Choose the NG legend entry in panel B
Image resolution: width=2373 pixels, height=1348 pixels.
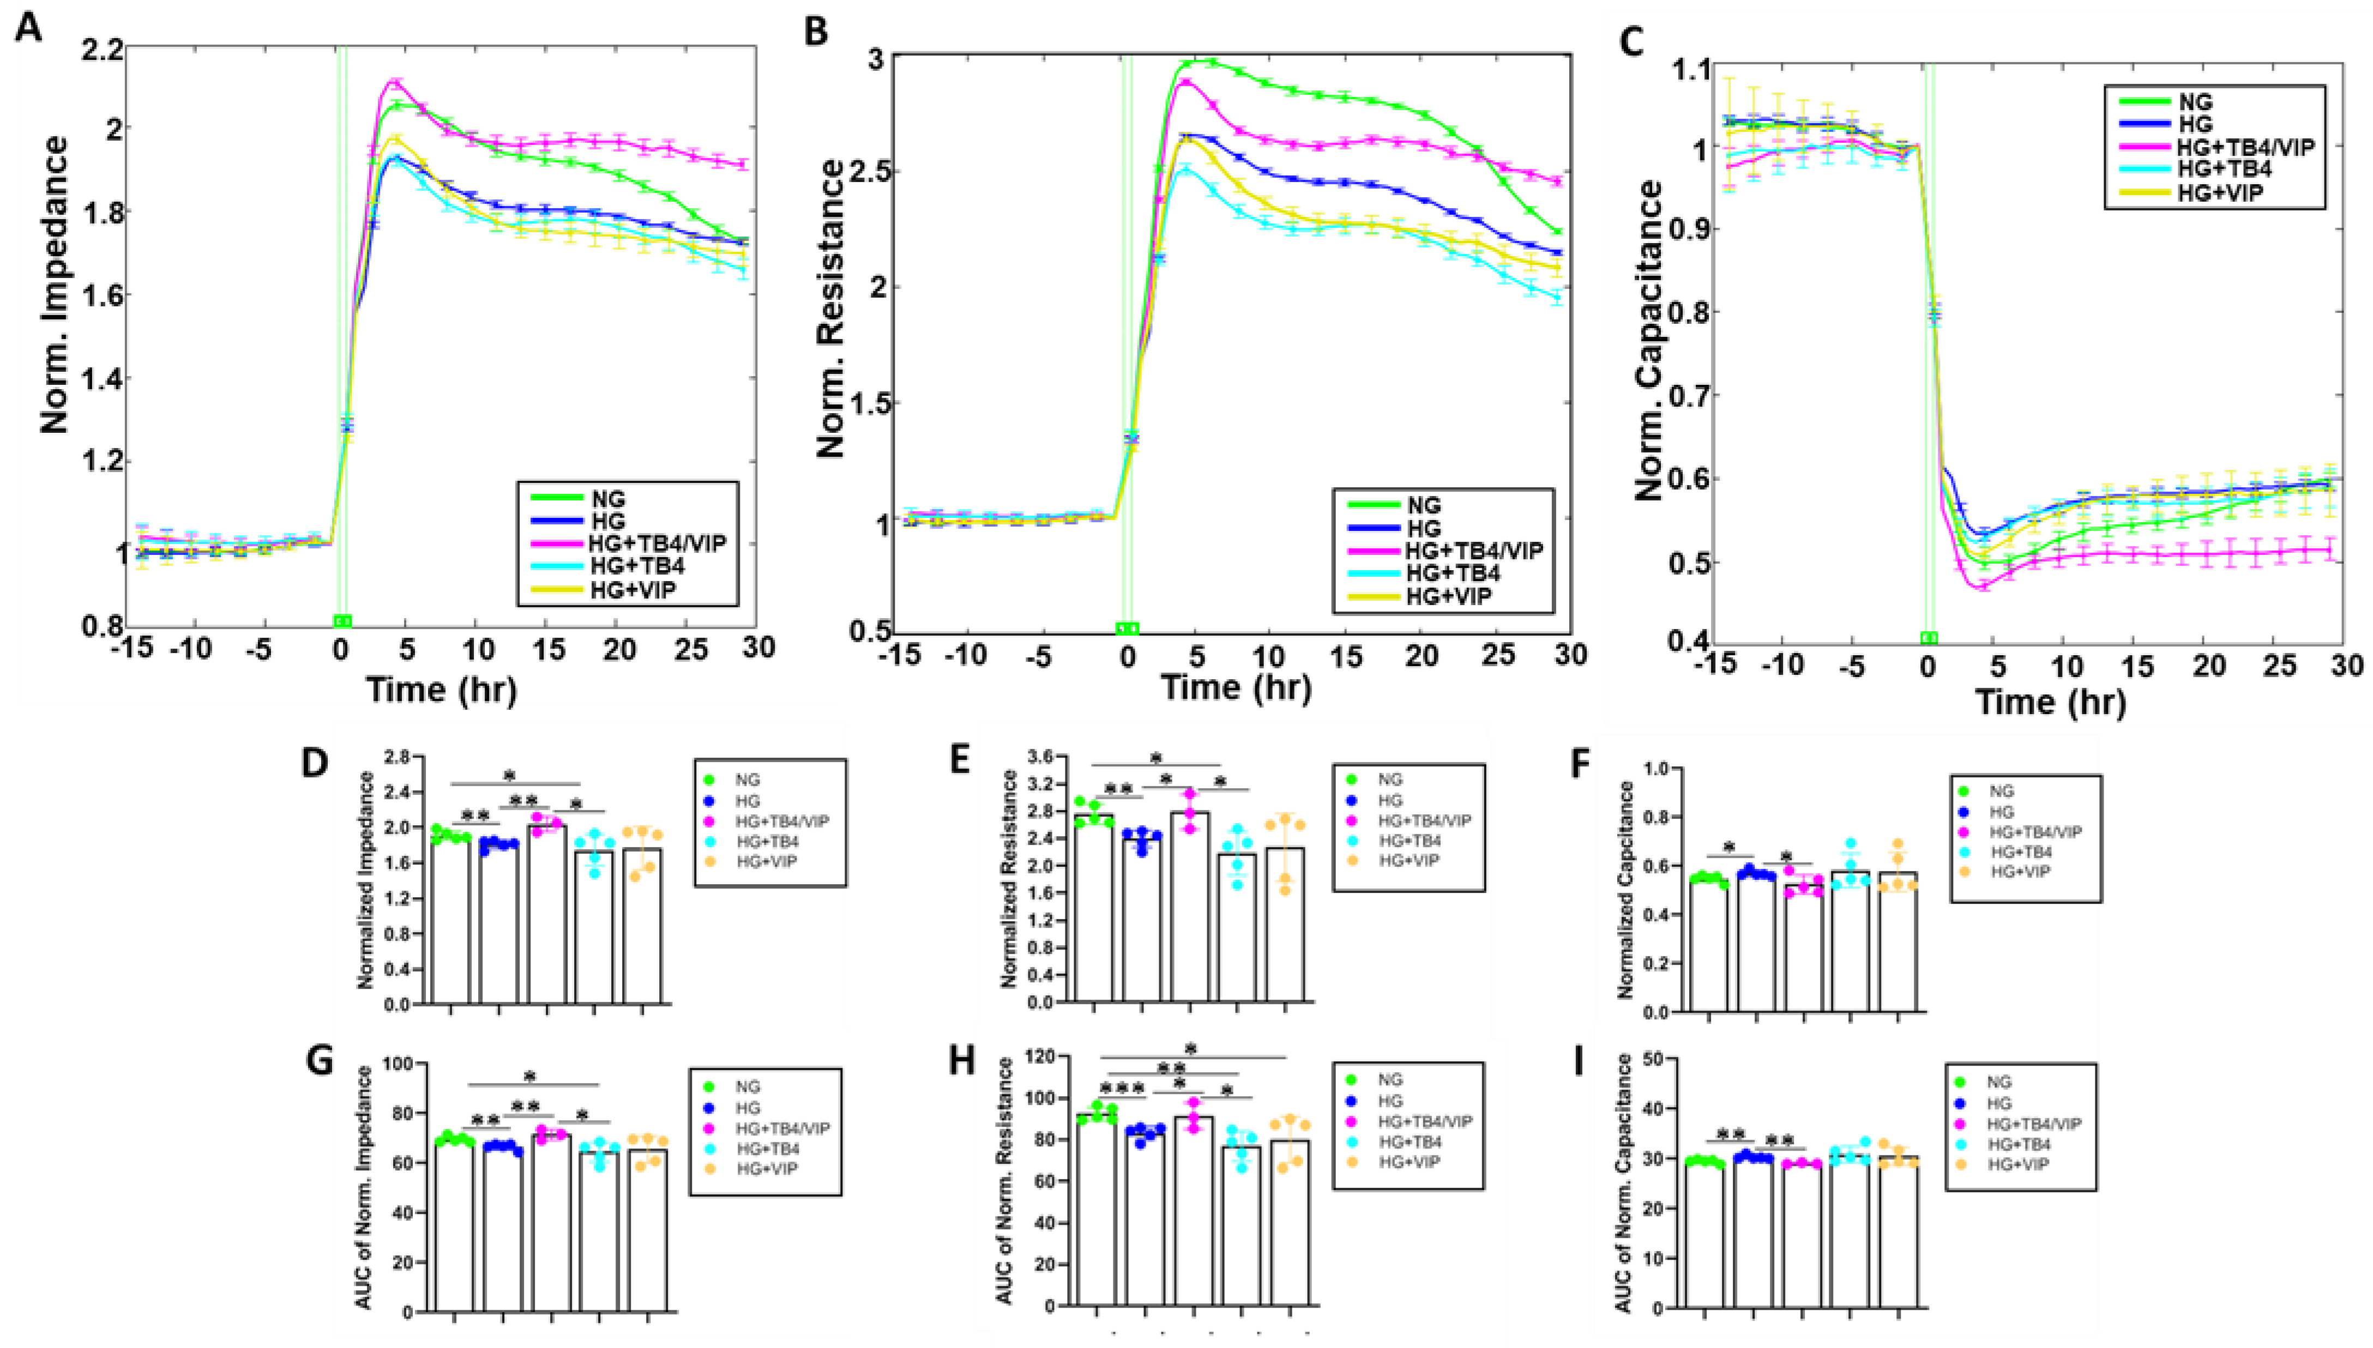coord(1424,505)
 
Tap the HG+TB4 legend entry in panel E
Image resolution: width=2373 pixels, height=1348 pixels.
coord(1410,841)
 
